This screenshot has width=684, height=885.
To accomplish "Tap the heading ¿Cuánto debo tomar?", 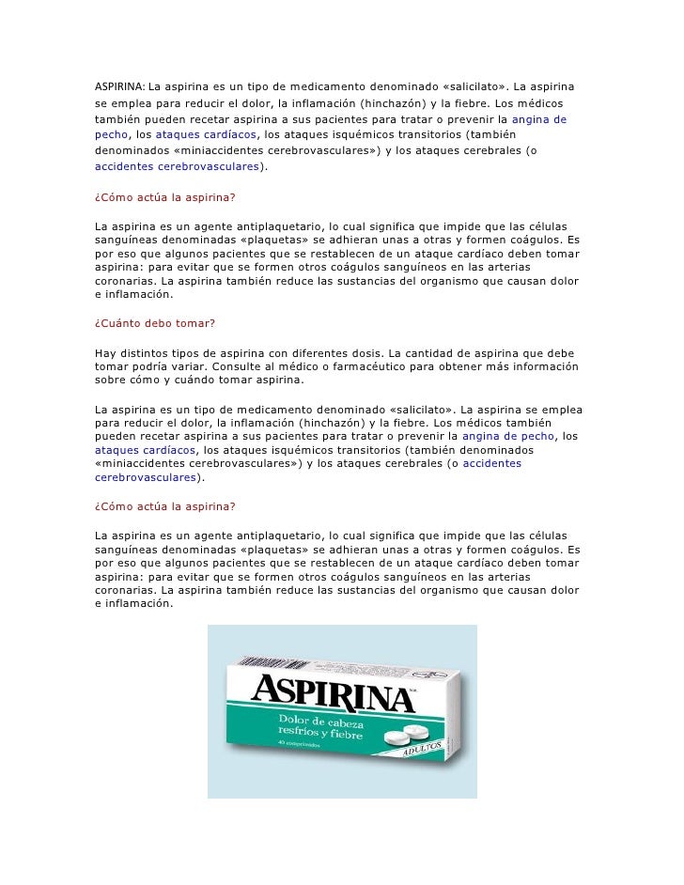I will [x=155, y=323].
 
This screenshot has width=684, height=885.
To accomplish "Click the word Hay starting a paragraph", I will [x=106, y=352].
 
